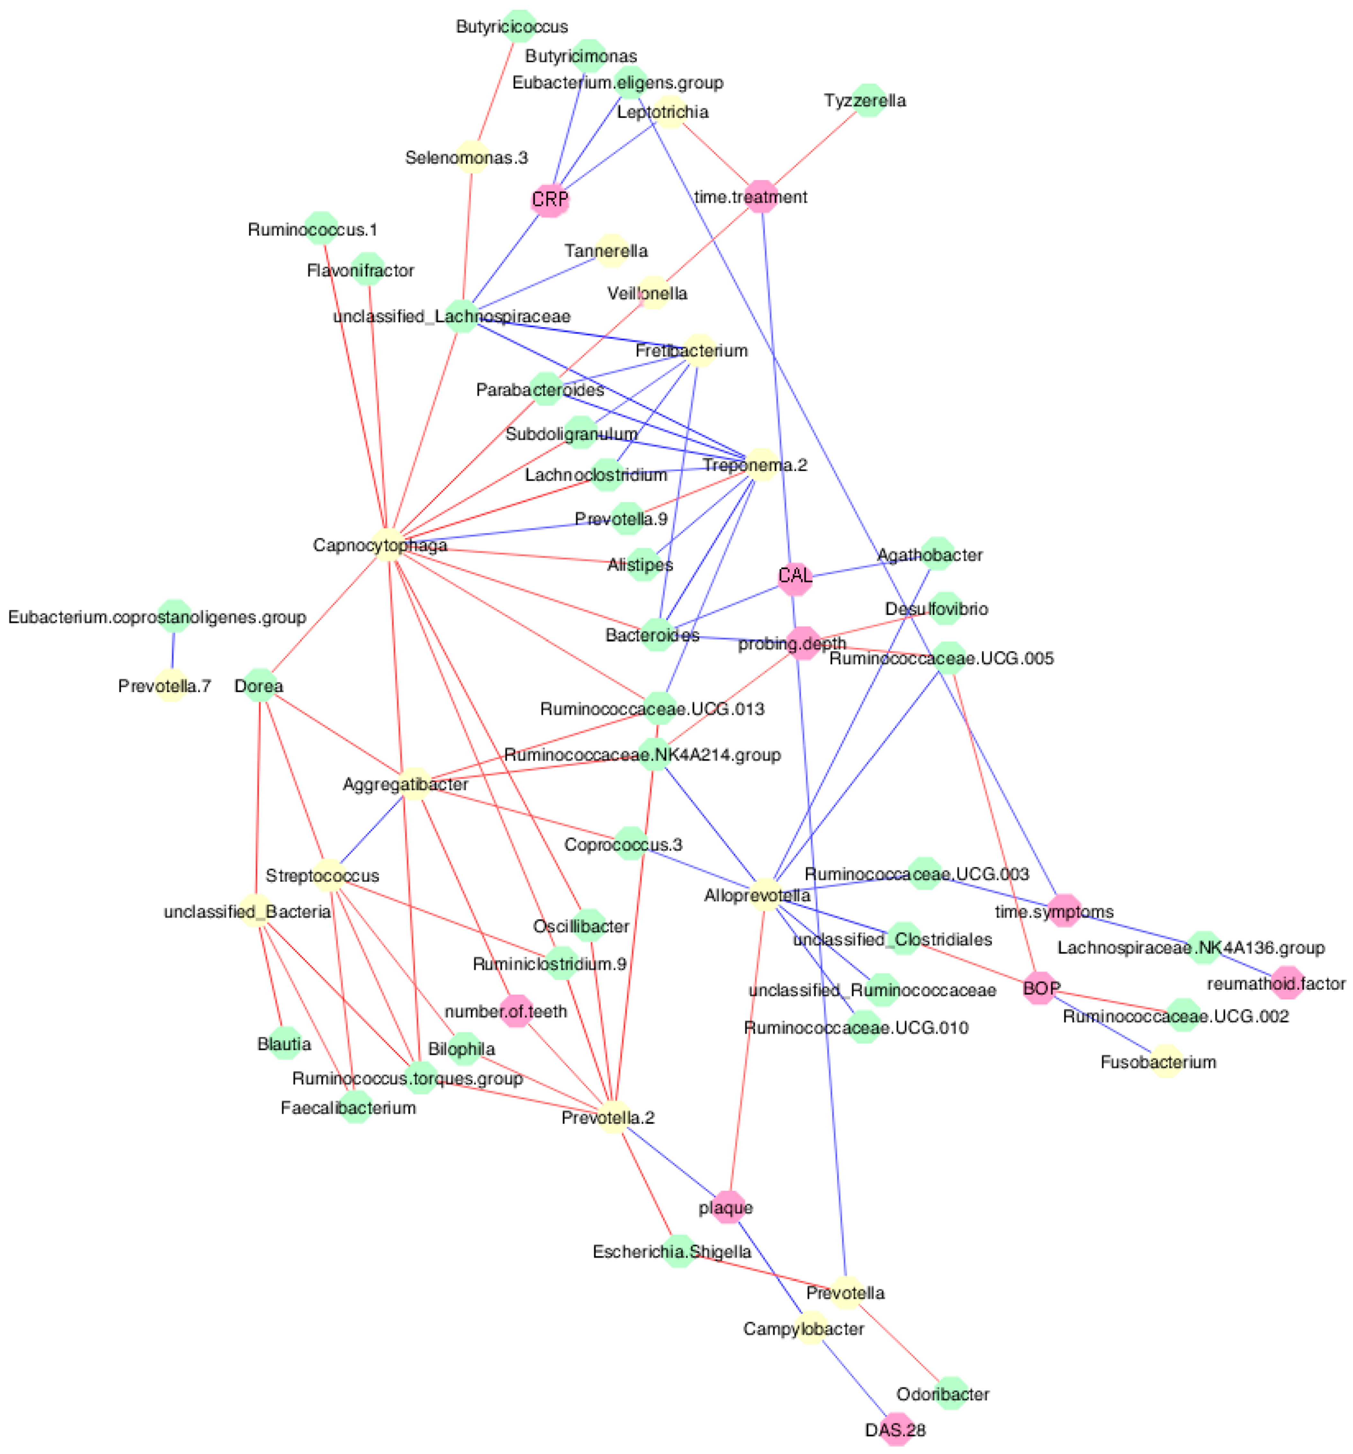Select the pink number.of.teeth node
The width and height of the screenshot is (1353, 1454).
pyautogui.click(x=516, y=1011)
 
